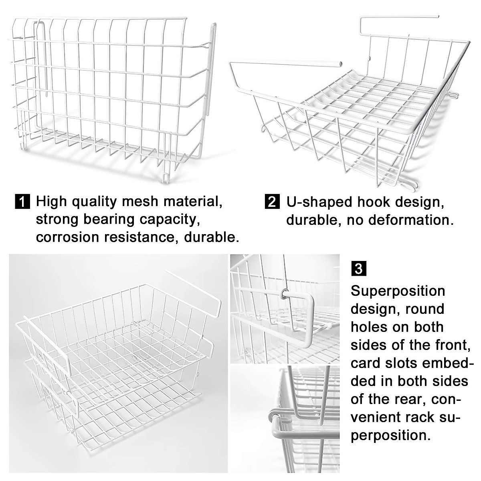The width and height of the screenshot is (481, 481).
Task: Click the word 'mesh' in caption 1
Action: coord(151,201)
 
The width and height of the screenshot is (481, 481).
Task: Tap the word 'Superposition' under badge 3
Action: coord(398,291)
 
